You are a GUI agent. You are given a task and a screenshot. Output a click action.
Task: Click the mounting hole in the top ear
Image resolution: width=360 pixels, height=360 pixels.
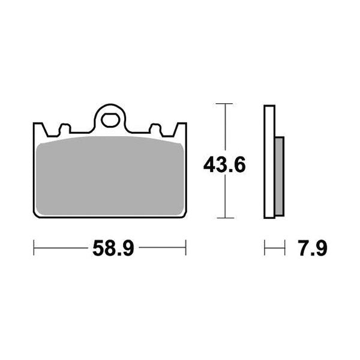(x=110, y=120)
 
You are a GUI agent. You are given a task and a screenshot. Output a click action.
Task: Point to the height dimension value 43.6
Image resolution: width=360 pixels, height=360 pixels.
(x=224, y=164)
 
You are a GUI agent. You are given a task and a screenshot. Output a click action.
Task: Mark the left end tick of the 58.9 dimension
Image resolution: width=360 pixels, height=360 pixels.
(x=34, y=247)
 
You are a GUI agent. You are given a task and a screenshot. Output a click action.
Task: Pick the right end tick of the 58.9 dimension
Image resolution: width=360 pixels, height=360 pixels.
(x=186, y=247)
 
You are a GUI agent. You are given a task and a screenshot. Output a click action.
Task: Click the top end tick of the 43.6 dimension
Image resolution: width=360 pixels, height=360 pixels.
(x=224, y=104)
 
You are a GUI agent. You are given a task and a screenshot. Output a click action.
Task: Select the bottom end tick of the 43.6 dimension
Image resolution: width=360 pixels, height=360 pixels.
(x=224, y=218)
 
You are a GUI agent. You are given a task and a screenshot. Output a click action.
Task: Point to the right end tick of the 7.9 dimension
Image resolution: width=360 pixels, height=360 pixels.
(x=283, y=247)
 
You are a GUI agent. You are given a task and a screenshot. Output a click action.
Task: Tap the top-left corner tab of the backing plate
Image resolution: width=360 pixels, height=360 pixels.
(x=37, y=127)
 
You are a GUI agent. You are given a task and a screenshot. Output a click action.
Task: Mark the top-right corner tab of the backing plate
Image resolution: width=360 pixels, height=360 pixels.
(x=182, y=127)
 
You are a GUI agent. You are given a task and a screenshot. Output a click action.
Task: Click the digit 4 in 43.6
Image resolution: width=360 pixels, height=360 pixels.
(x=209, y=164)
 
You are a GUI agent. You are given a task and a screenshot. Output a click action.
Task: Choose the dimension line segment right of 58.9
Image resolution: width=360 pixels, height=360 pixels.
(x=160, y=247)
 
